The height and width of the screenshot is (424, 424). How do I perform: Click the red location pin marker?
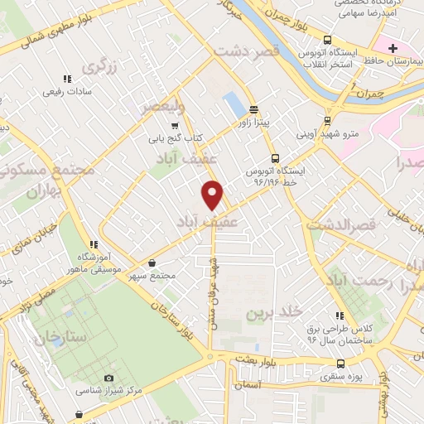tap(214, 194)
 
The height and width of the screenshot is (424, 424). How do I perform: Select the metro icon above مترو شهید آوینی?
tap(324, 117)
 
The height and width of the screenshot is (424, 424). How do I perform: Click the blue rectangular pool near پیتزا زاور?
tap(234, 105)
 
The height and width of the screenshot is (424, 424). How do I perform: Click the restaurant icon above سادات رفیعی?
tap(69, 79)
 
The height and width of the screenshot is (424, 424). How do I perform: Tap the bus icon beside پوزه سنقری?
tap(341, 364)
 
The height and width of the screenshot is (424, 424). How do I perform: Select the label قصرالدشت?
tap(342, 224)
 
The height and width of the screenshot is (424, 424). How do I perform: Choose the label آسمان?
tap(248, 385)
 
